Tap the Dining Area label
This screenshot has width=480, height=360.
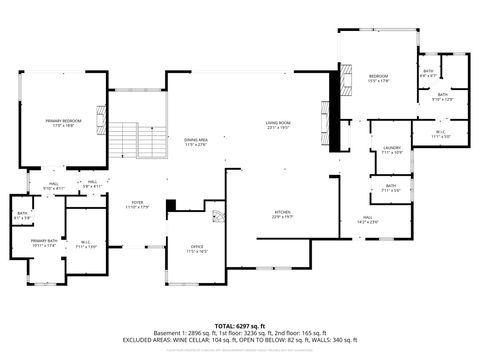[196, 141]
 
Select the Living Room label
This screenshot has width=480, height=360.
[278, 125]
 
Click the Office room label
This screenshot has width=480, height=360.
[198, 247]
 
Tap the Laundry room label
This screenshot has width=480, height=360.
[392, 150]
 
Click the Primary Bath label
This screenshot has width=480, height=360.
[43, 243]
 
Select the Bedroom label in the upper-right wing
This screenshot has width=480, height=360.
[378, 78]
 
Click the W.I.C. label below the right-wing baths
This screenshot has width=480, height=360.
[441, 133]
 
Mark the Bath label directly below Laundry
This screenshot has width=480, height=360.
[391, 187]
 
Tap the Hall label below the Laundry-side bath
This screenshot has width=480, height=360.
[368, 220]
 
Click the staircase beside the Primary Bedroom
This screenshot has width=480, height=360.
[125, 139]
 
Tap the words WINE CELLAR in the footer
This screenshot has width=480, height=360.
[199, 340]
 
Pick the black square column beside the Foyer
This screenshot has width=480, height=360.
[171, 206]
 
